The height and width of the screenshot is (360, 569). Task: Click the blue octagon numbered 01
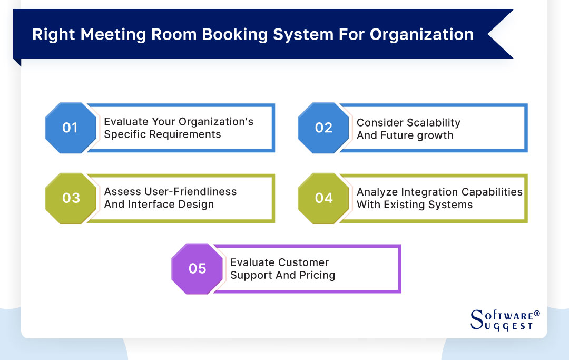(x=70, y=128)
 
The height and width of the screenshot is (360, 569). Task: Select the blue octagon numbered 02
(x=323, y=128)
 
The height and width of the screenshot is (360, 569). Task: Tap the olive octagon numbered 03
(x=71, y=198)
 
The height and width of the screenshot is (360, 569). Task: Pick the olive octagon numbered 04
(x=323, y=198)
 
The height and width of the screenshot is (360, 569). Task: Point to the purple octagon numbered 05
(x=197, y=269)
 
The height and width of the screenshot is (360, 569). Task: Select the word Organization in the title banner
(x=421, y=34)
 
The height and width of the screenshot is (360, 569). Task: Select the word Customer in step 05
(x=303, y=262)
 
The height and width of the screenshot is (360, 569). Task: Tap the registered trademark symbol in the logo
(x=537, y=314)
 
